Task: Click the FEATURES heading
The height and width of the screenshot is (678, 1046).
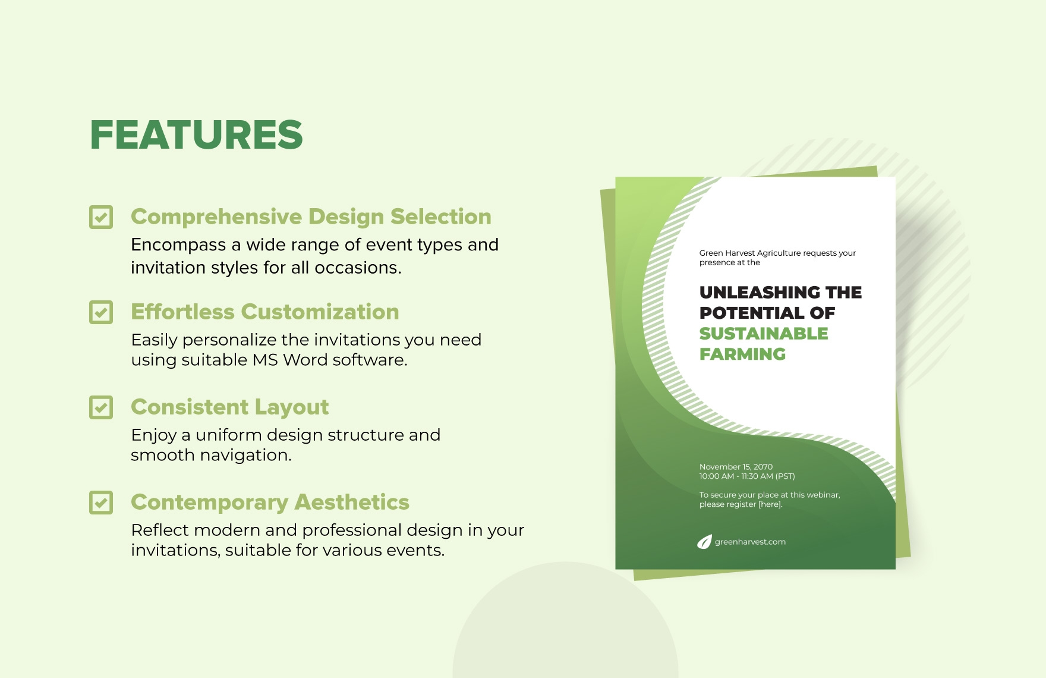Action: tap(196, 134)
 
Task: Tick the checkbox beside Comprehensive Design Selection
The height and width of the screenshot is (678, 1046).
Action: tap(101, 217)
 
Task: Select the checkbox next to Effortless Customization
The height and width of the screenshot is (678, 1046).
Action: tap(101, 312)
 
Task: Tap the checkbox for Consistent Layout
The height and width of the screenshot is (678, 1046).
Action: tap(101, 407)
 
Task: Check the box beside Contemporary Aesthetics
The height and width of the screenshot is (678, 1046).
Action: tap(101, 503)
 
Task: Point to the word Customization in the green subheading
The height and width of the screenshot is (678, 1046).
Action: tap(320, 312)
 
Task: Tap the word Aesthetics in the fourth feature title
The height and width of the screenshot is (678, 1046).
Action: tap(352, 502)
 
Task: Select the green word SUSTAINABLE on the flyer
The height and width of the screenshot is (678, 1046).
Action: tap(764, 334)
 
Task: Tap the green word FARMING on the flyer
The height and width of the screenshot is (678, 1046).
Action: tap(742, 354)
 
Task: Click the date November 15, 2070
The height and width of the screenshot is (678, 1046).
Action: tap(736, 467)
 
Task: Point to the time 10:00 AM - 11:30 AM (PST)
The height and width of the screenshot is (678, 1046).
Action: tap(747, 476)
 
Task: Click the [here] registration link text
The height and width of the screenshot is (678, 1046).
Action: tap(770, 504)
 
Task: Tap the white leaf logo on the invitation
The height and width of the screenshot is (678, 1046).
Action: tap(704, 542)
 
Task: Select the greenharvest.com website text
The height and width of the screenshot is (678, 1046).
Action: tap(750, 542)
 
